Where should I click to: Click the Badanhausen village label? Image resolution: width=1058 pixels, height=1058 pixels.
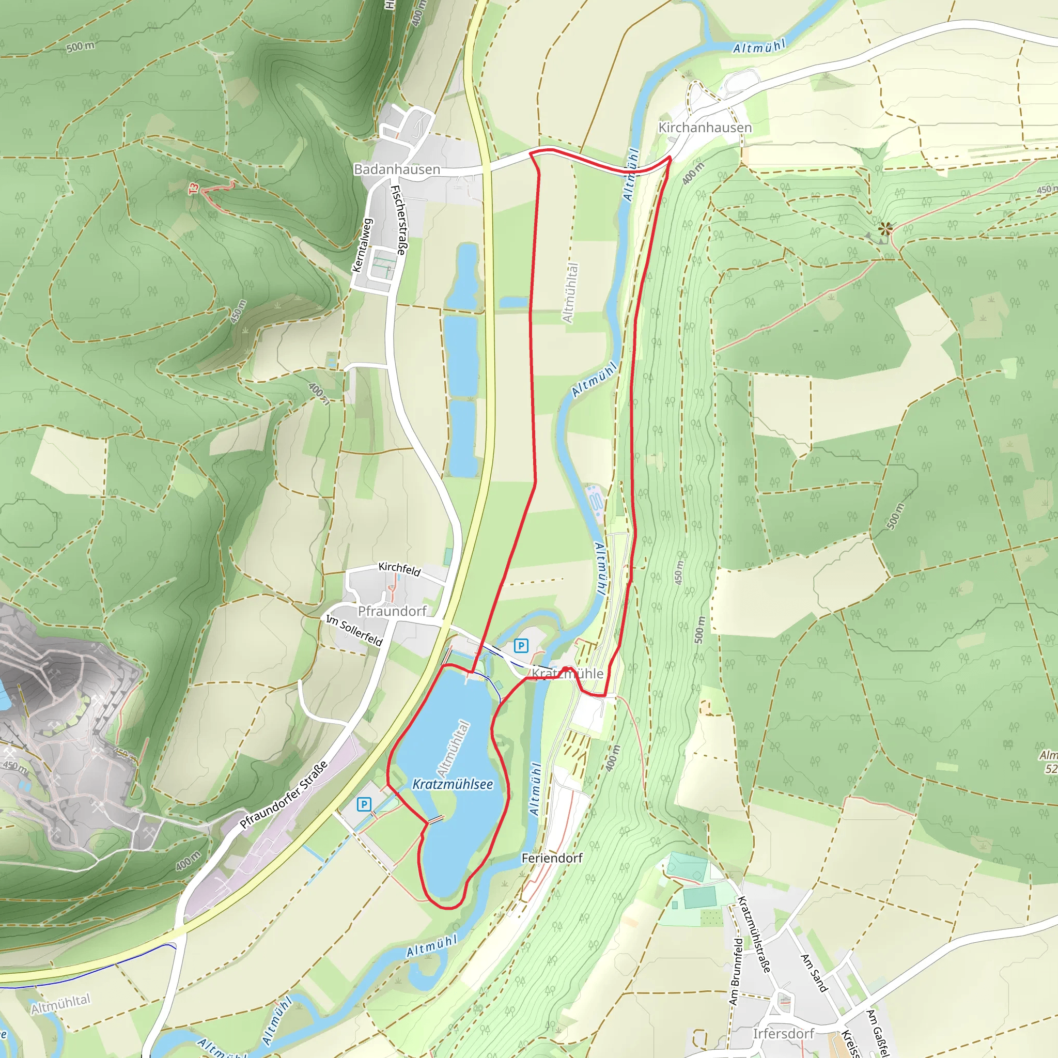(x=397, y=169)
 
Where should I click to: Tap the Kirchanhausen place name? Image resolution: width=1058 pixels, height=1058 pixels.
(x=705, y=128)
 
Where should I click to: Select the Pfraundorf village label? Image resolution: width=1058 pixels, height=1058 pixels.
(x=392, y=611)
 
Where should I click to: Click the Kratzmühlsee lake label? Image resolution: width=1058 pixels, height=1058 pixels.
(x=453, y=784)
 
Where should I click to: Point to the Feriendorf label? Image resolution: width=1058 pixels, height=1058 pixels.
(x=552, y=858)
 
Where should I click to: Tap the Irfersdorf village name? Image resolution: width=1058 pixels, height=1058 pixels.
(x=784, y=1033)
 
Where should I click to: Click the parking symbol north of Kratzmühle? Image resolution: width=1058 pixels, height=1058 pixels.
(x=521, y=646)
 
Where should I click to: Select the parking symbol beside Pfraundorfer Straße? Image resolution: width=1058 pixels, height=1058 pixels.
(x=364, y=804)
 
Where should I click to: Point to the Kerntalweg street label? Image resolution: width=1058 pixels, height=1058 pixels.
(x=362, y=246)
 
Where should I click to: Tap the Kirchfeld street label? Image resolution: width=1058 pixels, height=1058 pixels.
(x=400, y=569)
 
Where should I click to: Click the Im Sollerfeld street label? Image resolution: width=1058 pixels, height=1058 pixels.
(x=354, y=630)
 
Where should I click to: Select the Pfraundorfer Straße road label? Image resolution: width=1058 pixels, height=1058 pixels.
(x=284, y=795)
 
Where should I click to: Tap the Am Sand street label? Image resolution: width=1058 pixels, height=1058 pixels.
(x=814, y=973)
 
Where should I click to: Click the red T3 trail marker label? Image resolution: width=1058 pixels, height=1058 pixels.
(x=193, y=190)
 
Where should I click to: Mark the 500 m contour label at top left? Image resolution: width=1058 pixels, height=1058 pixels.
(x=80, y=47)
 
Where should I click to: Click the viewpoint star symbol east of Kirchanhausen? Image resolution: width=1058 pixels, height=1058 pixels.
(x=885, y=228)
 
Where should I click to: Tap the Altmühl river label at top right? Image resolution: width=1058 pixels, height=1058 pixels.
(x=759, y=47)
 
